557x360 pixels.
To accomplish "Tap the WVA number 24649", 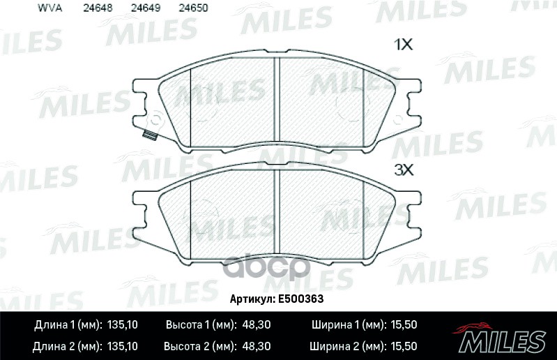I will [140, 8].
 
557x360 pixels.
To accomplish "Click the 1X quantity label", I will [404, 45].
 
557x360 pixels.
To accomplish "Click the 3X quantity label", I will [404, 169].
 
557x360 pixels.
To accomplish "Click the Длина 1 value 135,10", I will [124, 326].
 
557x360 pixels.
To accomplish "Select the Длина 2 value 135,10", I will [124, 345].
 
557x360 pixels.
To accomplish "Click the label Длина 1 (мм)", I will [67, 326].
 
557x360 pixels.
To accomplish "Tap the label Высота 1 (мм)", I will [200, 326].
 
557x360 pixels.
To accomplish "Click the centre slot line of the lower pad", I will [278, 215].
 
